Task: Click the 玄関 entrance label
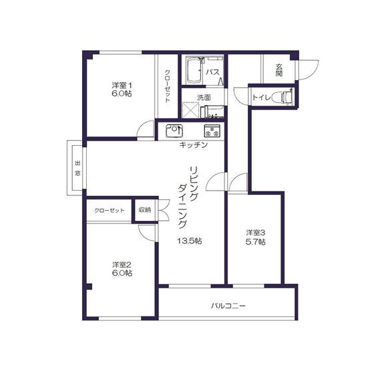279,70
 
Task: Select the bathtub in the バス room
194,70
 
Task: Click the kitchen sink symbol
174,131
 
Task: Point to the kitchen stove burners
212,131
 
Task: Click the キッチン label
194,145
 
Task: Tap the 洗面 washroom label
204,98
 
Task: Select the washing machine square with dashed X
190,110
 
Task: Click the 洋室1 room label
122,86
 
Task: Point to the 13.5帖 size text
190,241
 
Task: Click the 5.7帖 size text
255,242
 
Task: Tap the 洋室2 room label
122,265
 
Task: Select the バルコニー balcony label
228,306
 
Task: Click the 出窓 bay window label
77,168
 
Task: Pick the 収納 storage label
145,210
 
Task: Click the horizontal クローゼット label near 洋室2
110,211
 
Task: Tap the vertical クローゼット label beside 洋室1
168,86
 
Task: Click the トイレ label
261,98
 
